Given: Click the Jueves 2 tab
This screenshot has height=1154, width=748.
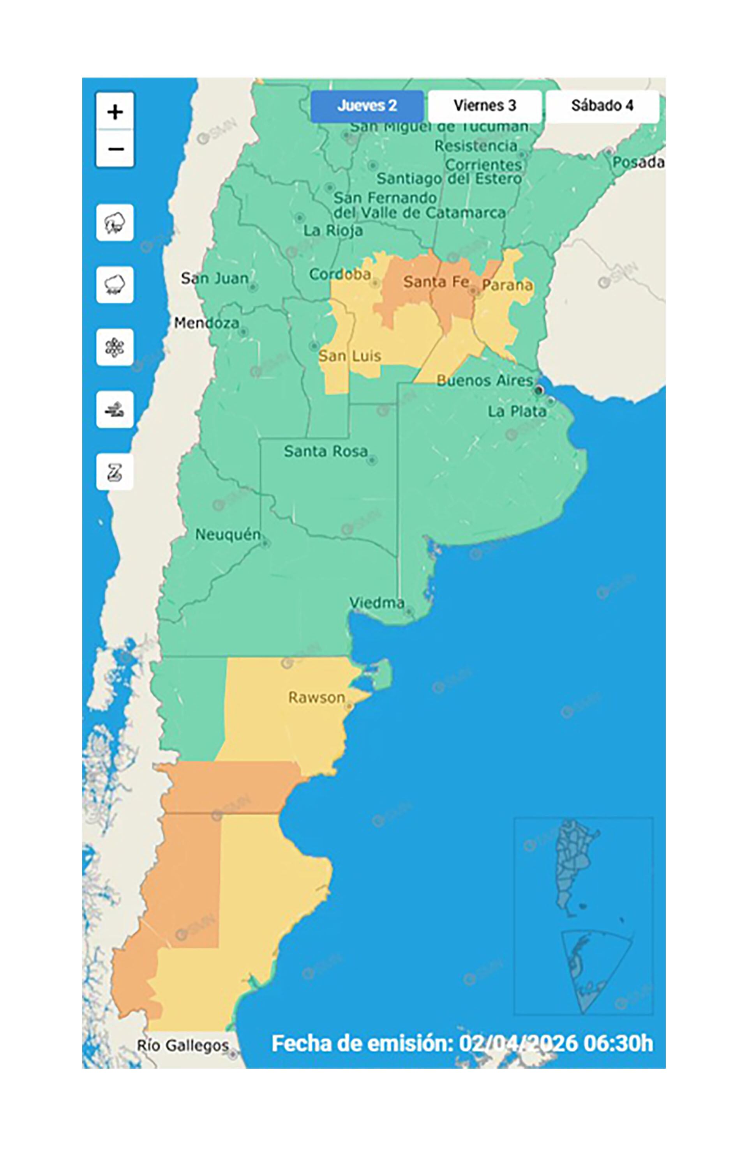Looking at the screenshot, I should point(367,106).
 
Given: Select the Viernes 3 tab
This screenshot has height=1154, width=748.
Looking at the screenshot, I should point(484,106).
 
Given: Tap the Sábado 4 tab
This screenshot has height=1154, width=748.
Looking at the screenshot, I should point(602,106).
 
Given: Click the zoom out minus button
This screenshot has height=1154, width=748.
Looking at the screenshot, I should point(115,149).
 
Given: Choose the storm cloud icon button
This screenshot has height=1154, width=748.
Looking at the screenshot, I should point(115,223).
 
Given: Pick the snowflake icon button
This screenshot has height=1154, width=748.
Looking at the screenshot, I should point(115,347).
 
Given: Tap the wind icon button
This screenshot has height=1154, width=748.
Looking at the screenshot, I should point(115,410).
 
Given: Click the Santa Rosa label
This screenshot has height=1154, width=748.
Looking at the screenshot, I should point(325,451).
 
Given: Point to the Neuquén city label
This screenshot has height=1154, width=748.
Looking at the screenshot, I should point(228,535).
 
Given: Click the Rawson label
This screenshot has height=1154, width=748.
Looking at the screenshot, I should point(317,698).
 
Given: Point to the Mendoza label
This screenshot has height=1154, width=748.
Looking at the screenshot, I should point(206,323).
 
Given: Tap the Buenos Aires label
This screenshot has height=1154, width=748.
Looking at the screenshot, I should point(484,381).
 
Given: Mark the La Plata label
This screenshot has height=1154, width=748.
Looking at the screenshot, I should point(517,412).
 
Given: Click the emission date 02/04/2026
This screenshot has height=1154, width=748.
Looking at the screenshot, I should point(518,1043).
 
